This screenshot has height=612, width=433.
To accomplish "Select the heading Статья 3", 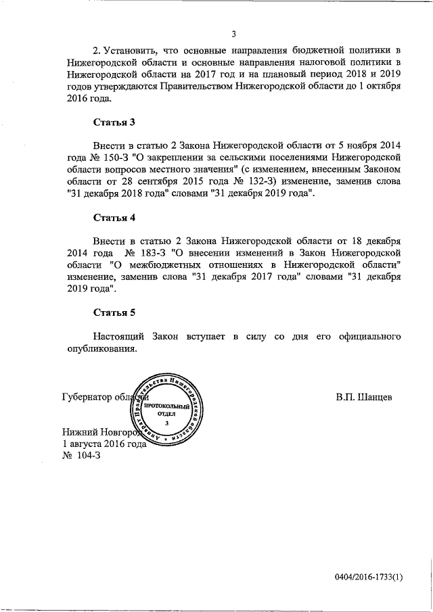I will [114, 122].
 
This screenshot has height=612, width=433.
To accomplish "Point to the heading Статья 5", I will [114, 312].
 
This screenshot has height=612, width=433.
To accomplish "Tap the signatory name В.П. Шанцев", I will [363, 397].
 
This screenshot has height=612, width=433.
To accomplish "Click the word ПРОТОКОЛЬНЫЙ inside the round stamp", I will [165, 404].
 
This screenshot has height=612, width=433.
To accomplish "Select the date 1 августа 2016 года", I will [104, 444].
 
